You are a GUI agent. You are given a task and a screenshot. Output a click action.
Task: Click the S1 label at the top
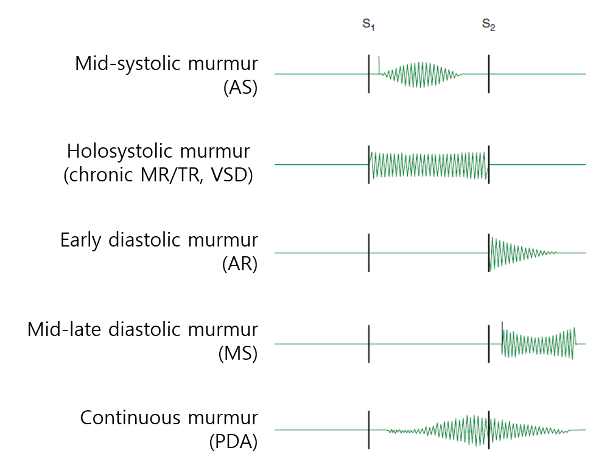pyautogui.click(x=368, y=24)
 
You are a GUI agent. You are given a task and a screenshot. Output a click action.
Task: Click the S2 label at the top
pyautogui.click(x=488, y=24)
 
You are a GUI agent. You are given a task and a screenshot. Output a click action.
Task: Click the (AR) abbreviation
pyautogui.click(x=240, y=264)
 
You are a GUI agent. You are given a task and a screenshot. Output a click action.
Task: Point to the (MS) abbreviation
pyautogui.click(x=238, y=353)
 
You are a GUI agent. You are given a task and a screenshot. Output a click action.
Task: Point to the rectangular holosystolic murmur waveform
pyautogui.click(x=429, y=165)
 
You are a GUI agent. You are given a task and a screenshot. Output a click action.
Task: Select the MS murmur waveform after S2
pyautogui.click(x=538, y=344)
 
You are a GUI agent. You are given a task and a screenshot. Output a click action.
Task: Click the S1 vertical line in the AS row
pyautogui.click(x=369, y=74)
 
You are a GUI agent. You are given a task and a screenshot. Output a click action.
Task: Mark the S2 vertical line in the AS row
pyautogui.click(x=488, y=74)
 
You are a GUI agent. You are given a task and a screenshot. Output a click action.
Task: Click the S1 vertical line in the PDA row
pyautogui.click(x=369, y=430)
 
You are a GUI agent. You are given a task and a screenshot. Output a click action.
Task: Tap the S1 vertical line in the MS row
pyautogui.click(x=369, y=344)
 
